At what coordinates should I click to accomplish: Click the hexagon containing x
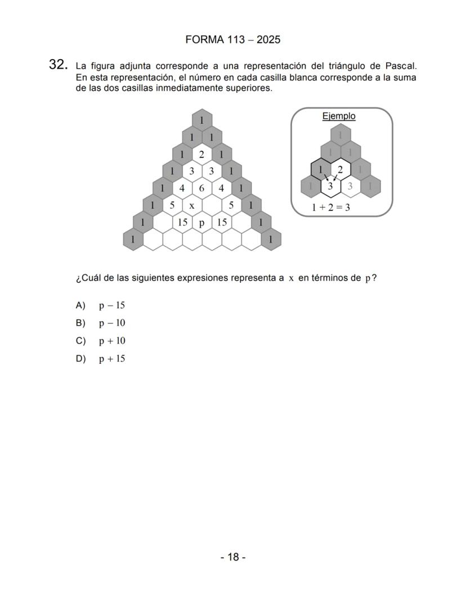tap(192, 205)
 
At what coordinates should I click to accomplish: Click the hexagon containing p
tap(201, 223)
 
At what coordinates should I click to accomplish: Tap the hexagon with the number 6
tap(201, 188)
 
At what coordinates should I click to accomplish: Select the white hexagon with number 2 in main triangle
tap(201, 154)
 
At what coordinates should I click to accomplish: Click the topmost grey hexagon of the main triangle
tap(201, 120)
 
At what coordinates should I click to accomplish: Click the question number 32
tap(58, 65)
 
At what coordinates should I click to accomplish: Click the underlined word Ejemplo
tap(339, 116)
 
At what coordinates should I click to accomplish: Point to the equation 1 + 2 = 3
tap(331, 207)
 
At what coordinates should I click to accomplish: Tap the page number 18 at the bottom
tap(232, 557)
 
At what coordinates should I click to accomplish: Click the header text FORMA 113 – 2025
tap(232, 40)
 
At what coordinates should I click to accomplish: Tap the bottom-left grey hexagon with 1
tap(133, 240)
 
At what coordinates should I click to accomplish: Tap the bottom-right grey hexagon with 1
tap(271, 240)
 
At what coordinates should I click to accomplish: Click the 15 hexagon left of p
tap(182, 223)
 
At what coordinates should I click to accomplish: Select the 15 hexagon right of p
tap(222, 223)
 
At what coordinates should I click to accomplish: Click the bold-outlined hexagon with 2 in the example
tap(340, 169)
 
